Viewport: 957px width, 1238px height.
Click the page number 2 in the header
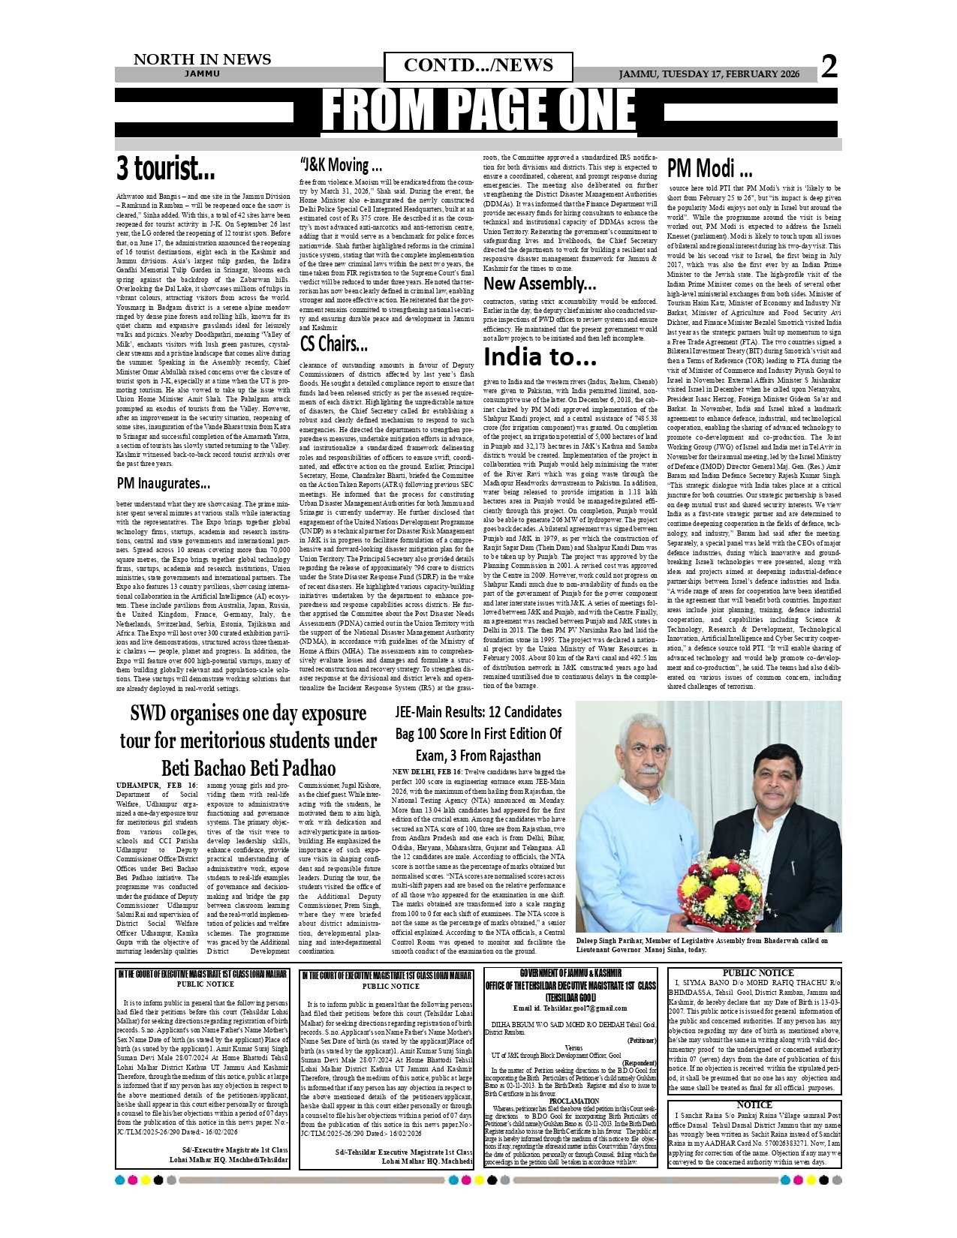[x=829, y=67]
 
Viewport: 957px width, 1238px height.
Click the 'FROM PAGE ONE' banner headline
[x=478, y=111]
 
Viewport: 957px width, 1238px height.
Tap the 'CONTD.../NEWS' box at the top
[x=478, y=66]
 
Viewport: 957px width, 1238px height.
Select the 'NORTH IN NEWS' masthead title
[x=202, y=59]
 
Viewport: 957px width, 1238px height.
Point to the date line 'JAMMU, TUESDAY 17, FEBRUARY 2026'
[x=709, y=74]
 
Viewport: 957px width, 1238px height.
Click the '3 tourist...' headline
[x=165, y=169]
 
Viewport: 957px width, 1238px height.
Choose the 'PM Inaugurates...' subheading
[x=163, y=483]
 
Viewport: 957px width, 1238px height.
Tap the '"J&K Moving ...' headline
[x=341, y=165]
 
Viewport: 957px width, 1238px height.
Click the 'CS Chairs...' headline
[x=333, y=344]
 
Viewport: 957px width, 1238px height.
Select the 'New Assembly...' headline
[x=540, y=284]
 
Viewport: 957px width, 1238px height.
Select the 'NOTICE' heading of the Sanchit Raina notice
[x=754, y=1104]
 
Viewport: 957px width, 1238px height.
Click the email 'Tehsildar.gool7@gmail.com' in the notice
[x=570, y=1008]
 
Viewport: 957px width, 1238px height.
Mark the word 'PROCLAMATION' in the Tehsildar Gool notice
[x=573, y=1101]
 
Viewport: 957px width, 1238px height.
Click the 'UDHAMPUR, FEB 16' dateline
[x=157, y=785]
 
